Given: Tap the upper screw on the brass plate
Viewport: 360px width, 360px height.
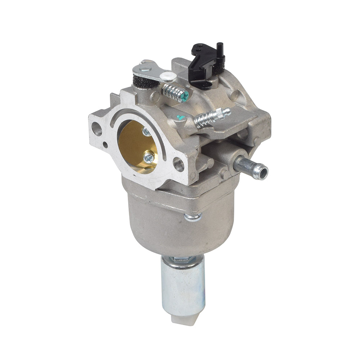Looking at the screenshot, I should (x=147, y=132).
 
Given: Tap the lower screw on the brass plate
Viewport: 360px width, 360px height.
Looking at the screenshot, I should (x=148, y=157).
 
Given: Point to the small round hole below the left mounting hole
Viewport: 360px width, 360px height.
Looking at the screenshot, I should (x=105, y=145).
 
